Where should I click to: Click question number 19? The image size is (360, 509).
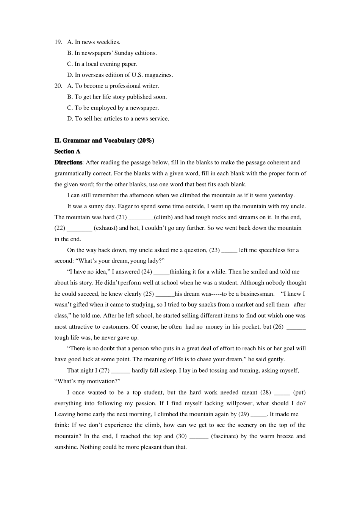coord(58,42)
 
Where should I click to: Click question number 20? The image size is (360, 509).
coord(58,86)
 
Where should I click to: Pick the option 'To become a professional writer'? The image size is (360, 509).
coord(113,86)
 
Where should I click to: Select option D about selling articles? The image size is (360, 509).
coord(118,119)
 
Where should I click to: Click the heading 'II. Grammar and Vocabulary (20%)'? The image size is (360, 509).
coord(104,141)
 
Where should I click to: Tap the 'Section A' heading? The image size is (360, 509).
coord(67,151)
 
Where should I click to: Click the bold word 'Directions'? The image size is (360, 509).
coord(68,162)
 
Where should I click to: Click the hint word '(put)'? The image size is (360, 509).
coord(299,392)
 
